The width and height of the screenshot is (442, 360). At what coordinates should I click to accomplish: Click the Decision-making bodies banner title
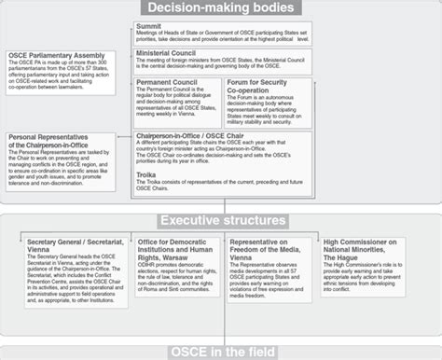tap(220, 9)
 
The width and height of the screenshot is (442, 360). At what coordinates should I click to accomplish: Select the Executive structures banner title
tap(221, 220)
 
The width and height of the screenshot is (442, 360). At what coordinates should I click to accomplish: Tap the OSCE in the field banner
tap(221, 351)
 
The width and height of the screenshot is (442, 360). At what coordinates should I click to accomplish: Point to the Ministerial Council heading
tap(171, 55)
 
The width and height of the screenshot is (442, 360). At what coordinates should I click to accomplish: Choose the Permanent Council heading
tap(168, 82)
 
